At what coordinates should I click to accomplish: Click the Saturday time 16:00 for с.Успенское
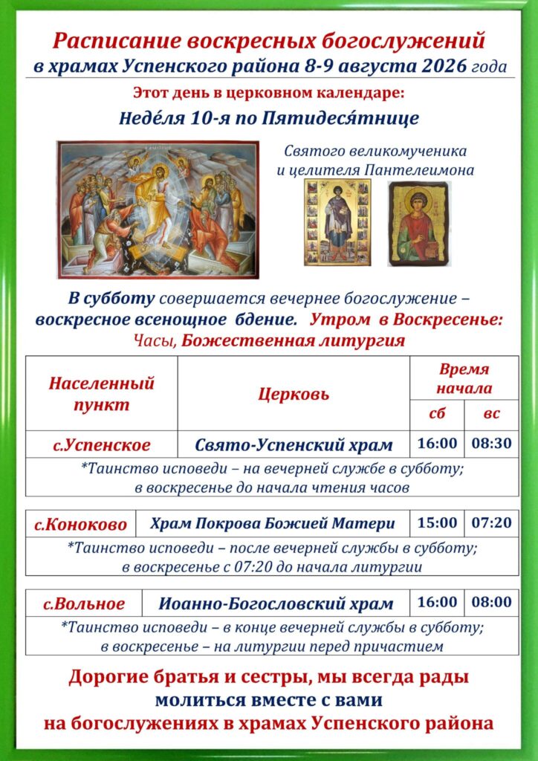437,444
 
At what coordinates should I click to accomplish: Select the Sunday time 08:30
491,444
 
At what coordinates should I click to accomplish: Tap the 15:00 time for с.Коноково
437,522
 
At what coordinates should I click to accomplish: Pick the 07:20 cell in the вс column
491,522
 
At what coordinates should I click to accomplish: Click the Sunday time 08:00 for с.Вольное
491,602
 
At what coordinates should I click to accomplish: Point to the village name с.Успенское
101,445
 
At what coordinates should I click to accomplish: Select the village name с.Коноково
80,525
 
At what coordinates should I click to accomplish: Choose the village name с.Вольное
84,604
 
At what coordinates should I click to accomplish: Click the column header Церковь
294,394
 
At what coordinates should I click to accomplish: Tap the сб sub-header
437,414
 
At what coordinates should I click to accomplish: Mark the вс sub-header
491,414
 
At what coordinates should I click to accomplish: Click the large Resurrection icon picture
158,210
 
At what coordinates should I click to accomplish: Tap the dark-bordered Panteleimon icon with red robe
419,224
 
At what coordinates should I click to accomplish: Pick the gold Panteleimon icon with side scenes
337,222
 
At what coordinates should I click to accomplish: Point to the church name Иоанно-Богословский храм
276,604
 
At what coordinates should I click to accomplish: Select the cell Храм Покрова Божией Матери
273,524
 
